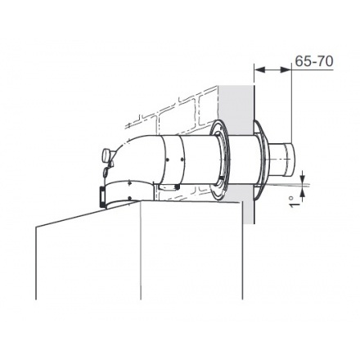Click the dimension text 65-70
coord(313,61)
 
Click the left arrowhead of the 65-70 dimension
coord(258,70)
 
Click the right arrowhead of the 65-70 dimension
coord(290,70)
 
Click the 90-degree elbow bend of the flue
coord(131,155)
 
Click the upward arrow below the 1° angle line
coord(304,191)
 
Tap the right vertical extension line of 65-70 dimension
coord(292,106)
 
